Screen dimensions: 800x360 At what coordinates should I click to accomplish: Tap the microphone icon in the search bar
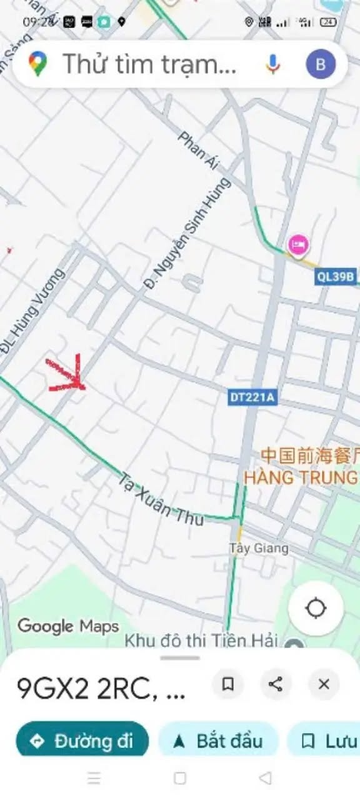[272, 64]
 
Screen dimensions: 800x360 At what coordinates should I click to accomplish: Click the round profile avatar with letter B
[321, 64]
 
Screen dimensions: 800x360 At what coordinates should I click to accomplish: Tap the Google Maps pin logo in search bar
[37, 64]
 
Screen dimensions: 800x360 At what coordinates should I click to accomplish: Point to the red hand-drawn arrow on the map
[67, 375]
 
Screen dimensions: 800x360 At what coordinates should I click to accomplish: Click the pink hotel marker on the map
[297, 244]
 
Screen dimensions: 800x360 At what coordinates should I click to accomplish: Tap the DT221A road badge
[252, 396]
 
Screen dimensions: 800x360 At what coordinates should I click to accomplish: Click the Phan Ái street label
[199, 151]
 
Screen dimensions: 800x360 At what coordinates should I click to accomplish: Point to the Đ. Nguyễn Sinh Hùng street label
[187, 232]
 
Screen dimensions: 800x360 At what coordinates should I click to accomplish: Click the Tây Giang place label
[259, 549]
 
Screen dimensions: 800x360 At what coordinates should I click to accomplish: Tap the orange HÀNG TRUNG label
[301, 477]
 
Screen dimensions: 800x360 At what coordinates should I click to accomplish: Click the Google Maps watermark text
[67, 626]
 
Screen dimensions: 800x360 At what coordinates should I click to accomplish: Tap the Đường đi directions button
[82, 741]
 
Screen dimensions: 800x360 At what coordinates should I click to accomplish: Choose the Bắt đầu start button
[217, 741]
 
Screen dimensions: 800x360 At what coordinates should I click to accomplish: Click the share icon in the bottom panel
[275, 684]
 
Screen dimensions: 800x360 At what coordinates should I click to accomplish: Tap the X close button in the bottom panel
[324, 684]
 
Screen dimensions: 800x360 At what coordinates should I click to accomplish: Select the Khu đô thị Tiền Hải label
[201, 641]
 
